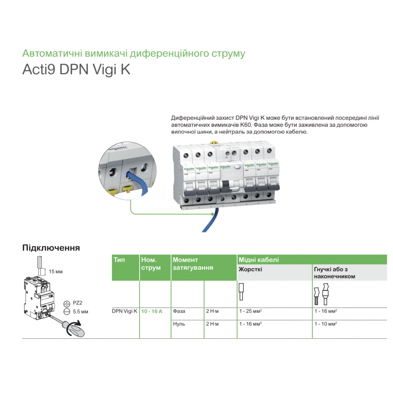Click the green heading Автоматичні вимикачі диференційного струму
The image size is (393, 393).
pos(134,53)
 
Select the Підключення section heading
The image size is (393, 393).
pos(51,248)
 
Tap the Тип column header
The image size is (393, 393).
pos(119,259)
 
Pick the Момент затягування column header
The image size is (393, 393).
pos(193,263)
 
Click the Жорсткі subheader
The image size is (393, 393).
pos(250,269)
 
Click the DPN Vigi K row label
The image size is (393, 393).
pos(125,311)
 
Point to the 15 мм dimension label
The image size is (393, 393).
pos(56,271)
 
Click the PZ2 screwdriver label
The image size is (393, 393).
pos(78,304)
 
